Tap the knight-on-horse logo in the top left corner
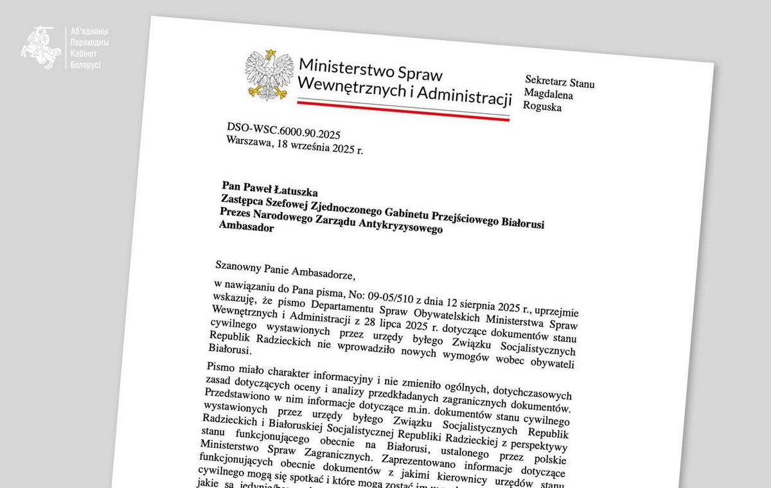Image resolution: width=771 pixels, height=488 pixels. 40,48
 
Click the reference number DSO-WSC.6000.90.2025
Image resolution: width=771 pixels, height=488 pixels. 283,132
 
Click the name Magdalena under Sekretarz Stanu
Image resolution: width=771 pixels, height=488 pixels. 549,95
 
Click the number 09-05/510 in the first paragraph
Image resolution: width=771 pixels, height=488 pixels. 390,296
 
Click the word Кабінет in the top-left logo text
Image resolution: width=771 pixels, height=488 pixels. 83,53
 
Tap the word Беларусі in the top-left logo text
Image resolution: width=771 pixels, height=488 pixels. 85,64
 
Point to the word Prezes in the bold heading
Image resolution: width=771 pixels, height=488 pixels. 237,213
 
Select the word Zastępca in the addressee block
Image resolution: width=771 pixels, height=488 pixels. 243,201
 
